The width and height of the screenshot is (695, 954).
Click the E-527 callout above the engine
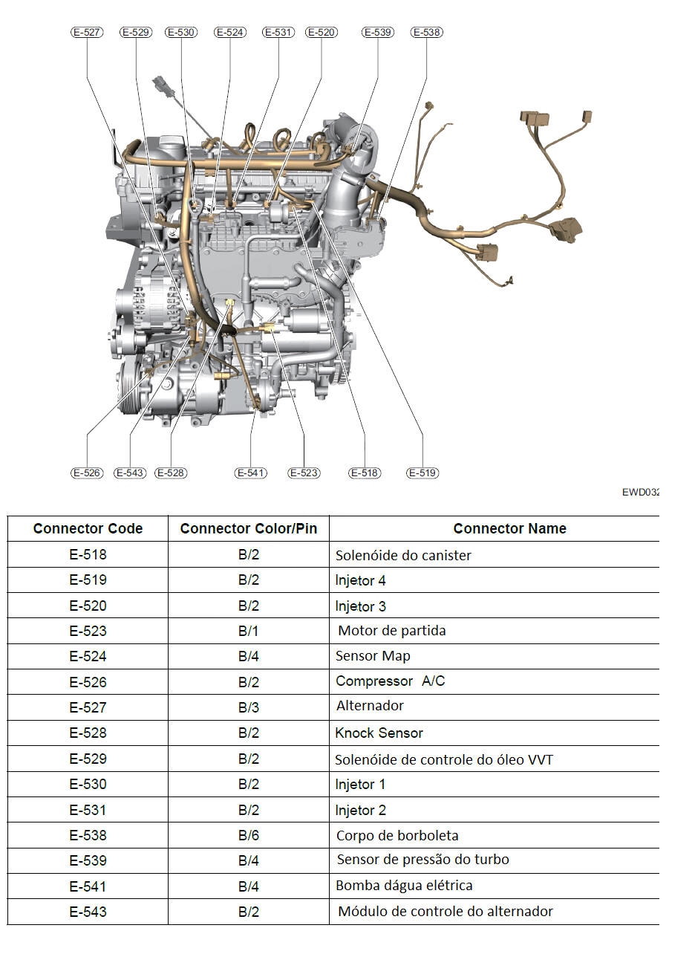click(x=87, y=33)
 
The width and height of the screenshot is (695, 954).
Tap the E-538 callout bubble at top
click(x=426, y=33)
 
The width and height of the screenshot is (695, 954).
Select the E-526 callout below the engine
click(x=87, y=473)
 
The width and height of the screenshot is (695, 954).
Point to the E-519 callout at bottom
click(x=422, y=473)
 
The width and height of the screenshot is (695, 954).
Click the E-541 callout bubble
click(x=251, y=473)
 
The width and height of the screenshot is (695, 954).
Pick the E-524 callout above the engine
click(x=230, y=33)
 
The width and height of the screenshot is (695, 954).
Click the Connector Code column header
click(x=88, y=528)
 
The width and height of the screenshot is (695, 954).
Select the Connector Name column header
click(x=510, y=528)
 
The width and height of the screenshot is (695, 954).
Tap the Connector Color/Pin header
click(x=249, y=528)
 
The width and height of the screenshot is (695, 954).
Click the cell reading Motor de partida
click(x=392, y=630)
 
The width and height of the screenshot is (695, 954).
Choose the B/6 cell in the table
click(x=249, y=835)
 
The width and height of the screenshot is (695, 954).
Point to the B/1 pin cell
click(x=249, y=631)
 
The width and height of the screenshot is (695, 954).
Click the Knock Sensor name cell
click(x=379, y=733)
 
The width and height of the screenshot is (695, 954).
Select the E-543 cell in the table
click(x=88, y=912)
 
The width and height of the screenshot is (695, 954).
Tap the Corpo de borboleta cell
click(x=397, y=835)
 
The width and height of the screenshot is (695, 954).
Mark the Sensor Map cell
click(x=373, y=656)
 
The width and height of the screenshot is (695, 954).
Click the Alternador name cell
click(x=370, y=706)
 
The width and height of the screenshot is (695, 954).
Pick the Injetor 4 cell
click(x=360, y=580)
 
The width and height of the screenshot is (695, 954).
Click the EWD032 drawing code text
click(x=641, y=493)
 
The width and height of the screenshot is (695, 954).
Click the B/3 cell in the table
click(x=249, y=707)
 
